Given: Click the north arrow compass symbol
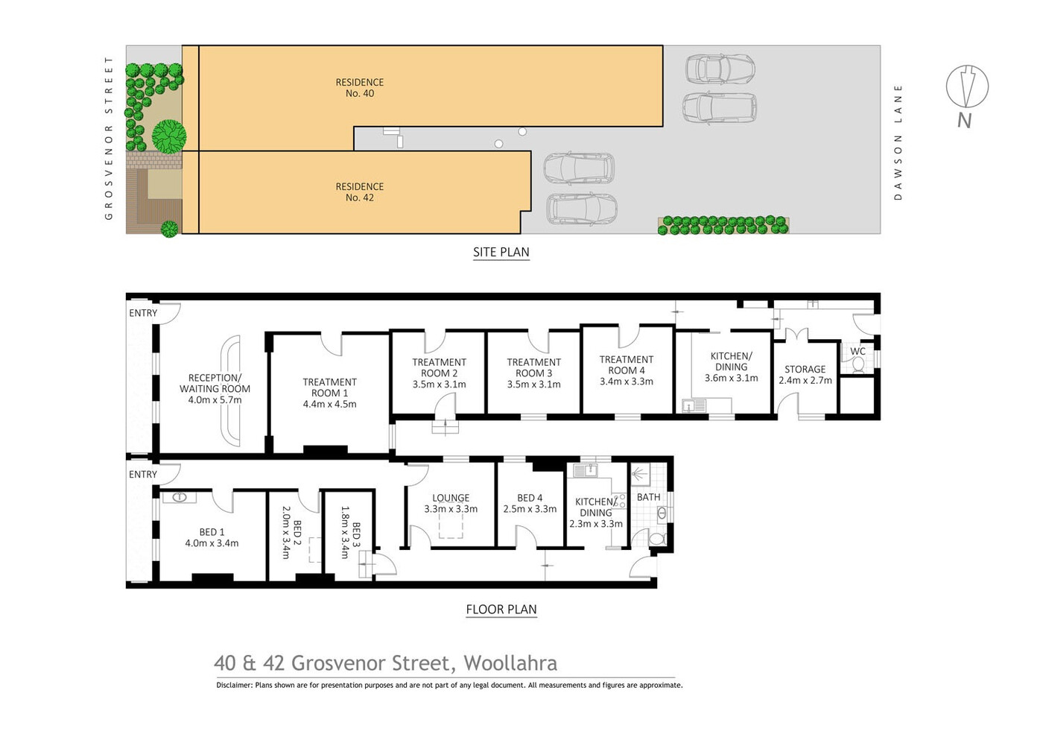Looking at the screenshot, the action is click(x=967, y=86).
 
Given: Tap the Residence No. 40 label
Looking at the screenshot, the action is click(x=359, y=88).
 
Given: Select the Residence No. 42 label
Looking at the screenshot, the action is click(x=359, y=192).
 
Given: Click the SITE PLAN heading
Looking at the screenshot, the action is click(x=501, y=252).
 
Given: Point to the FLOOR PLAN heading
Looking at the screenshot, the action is click(x=501, y=610).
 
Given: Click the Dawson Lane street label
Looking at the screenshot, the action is click(x=898, y=142).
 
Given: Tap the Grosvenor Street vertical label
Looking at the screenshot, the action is click(x=109, y=139).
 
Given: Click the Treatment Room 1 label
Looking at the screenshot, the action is click(x=329, y=388).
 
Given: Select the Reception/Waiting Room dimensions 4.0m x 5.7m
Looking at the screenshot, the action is click(x=215, y=399).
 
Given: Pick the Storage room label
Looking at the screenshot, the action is click(x=805, y=369).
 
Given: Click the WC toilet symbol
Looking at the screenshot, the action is click(x=857, y=364).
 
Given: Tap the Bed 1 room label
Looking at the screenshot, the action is click(x=212, y=532).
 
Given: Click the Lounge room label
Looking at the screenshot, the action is click(x=451, y=498).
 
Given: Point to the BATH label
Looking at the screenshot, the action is click(x=649, y=497).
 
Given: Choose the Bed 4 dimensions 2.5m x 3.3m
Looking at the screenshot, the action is click(x=530, y=509).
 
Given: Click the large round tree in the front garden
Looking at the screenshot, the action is click(x=169, y=136).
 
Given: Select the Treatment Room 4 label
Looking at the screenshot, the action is click(x=627, y=364).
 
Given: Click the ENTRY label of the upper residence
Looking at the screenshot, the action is click(x=143, y=313).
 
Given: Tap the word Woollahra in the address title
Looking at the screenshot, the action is click(x=510, y=663).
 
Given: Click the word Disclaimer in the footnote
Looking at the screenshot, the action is click(x=234, y=685).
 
